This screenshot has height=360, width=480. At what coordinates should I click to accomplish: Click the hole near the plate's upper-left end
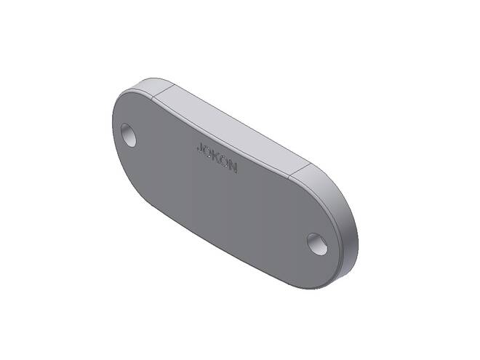pyautogui.click(x=129, y=135)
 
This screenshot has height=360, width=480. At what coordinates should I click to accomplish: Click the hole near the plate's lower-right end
pyautogui.click(x=317, y=244)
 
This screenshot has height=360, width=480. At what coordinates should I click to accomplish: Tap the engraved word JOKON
pyautogui.click(x=217, y=158)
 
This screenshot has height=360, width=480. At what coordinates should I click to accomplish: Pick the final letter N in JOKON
pyautogui.click(x=233, y=168)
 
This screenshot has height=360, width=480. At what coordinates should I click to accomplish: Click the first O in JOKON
pyautogui.click(x=209, y=153)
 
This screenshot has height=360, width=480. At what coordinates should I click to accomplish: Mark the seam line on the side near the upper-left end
pyautogui.click(x=163, y=91)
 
